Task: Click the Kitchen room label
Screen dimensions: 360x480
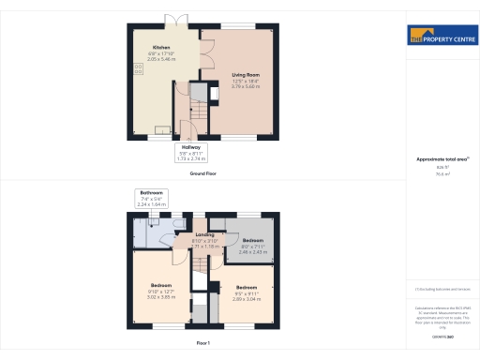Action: tap(161, 47)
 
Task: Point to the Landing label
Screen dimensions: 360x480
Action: tap(205, 234)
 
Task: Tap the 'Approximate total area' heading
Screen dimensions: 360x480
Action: tap(441, 159)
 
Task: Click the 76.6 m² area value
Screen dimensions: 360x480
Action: tap(441, 174)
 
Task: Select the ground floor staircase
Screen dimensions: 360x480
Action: tap(187, 112)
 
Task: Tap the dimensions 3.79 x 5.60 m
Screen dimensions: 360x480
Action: tap(245, 88)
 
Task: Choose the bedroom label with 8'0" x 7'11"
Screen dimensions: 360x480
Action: tap(252, 246)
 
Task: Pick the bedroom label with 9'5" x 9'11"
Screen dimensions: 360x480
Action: tap(246, 292)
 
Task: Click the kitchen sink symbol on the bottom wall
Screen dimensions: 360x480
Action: tap(162, 130)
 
